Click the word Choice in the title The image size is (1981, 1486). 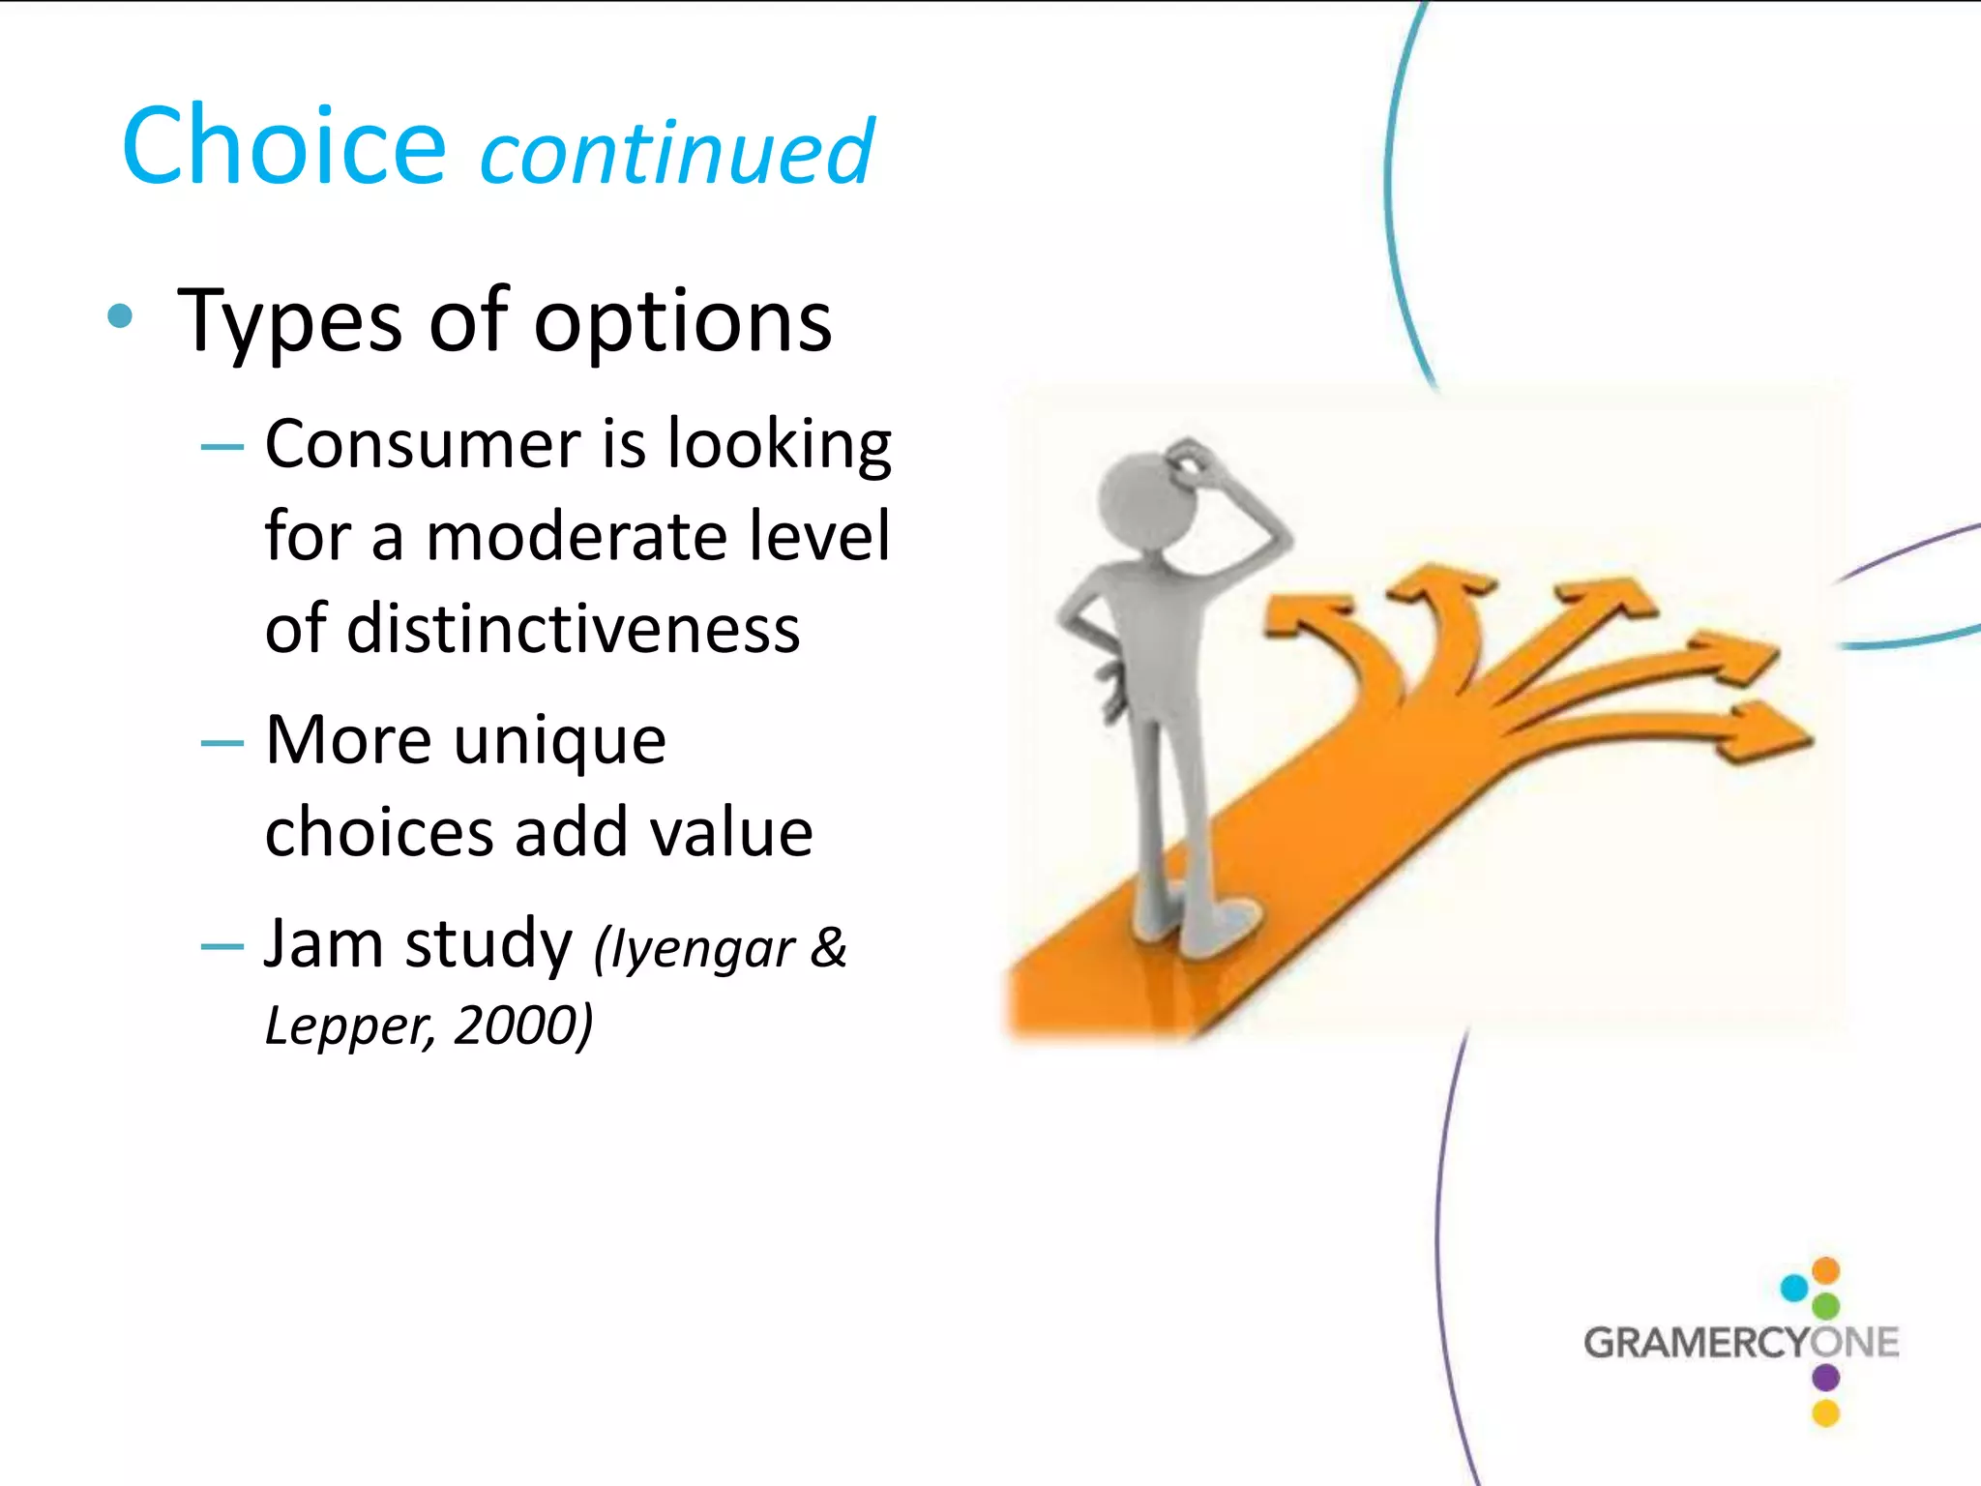pos(282,147)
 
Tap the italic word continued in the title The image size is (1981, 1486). pos(677,153)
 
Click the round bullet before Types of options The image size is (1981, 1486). pos(120,316)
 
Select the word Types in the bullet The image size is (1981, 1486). pos(290,322)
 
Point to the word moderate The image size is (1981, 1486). pos(576,537)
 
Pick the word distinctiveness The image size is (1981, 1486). pos(573,629)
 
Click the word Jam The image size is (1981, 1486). pos(323,943)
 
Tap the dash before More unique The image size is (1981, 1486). pos(222,743)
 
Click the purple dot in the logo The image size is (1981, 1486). pos(1825,1377)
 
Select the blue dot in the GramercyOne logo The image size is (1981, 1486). pos(1794,1288)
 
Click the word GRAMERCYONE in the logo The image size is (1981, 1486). pos(1740,1343)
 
